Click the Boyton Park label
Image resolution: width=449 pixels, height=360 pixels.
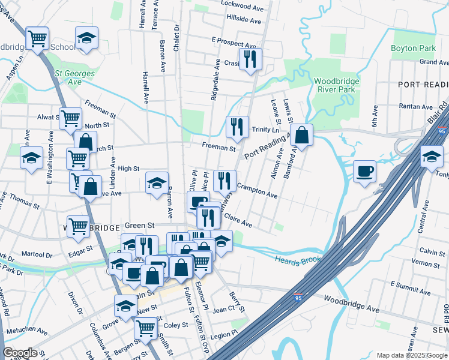(x=413, y=48)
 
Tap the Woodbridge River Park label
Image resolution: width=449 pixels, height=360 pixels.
(x=337, y=85)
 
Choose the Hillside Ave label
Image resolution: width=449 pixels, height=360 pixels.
(x=244, y=20)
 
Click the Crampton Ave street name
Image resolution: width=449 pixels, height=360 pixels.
(x=257, y=191)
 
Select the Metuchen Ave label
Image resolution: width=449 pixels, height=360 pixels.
(x=26, y=331)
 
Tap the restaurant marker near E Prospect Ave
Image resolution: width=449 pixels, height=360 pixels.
(x=250, y=59)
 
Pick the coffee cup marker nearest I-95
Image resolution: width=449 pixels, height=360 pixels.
(x=364, y=172)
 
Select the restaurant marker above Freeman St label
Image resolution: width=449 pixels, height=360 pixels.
(x=238, y=127)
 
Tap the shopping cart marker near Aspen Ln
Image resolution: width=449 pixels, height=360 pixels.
(x=37, y=40)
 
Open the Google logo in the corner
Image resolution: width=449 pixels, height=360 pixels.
(x=20, y=353)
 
